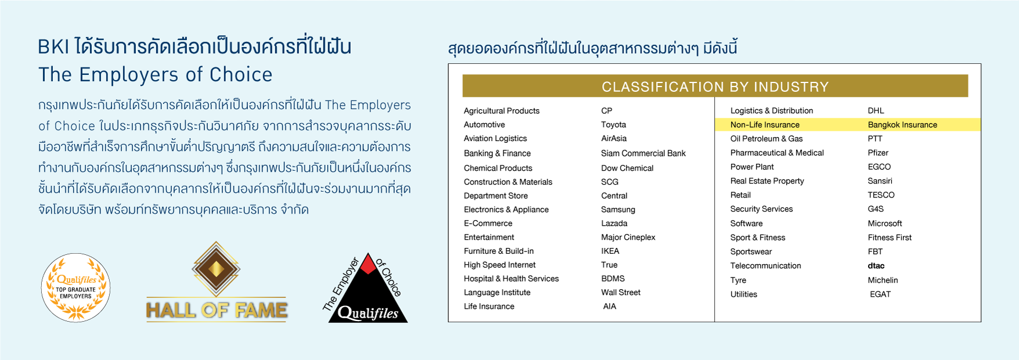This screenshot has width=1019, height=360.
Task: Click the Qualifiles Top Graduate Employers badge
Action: pyautogui.click(x=75, y=287)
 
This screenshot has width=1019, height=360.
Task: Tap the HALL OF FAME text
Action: pyautogui.click(x=217, y=311)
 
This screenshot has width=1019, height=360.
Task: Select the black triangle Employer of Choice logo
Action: pyautogui.click(x=368, y=289)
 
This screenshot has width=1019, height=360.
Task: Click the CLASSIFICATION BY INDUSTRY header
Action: pyautogui.click(x=715, y=87)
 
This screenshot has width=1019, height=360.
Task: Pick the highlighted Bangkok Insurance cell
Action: pyautogui.click(x=902, y=125)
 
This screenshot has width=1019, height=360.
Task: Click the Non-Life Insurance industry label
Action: pyautogui.click(x=765, y=125)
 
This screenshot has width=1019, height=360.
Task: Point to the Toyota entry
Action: pyautogui.click(x=614, y=125)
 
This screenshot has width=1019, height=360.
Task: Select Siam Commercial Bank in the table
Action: pyautogui.click(x=643, y=153)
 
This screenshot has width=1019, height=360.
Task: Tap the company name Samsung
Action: pyautogui.click(x=618, y=210)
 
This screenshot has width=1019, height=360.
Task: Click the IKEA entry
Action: pyautogui.click(x=610, y=251)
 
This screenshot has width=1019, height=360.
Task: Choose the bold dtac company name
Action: pyautogui.click(x=876, y=266)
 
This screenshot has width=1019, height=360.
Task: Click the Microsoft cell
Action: pyautogui.click(x=885, y=224)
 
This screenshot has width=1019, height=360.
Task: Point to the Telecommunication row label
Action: pyautogui.click(x=765, y=266)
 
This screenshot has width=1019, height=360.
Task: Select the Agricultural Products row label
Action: pyautogui.click(x=502, y=111)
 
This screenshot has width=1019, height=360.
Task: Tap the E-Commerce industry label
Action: pyautogui.click(x=488, y=224)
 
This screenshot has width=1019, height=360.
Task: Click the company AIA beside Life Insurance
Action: pyautogui.click(x=610, y=307)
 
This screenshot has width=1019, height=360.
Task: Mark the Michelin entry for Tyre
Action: pyautogui.click(x=883, y=280)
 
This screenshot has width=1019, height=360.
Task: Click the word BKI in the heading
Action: pyautogui.click(x=53, y=46)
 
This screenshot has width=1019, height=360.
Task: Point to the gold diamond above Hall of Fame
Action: pyautogui.click(x=216, y=268)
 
